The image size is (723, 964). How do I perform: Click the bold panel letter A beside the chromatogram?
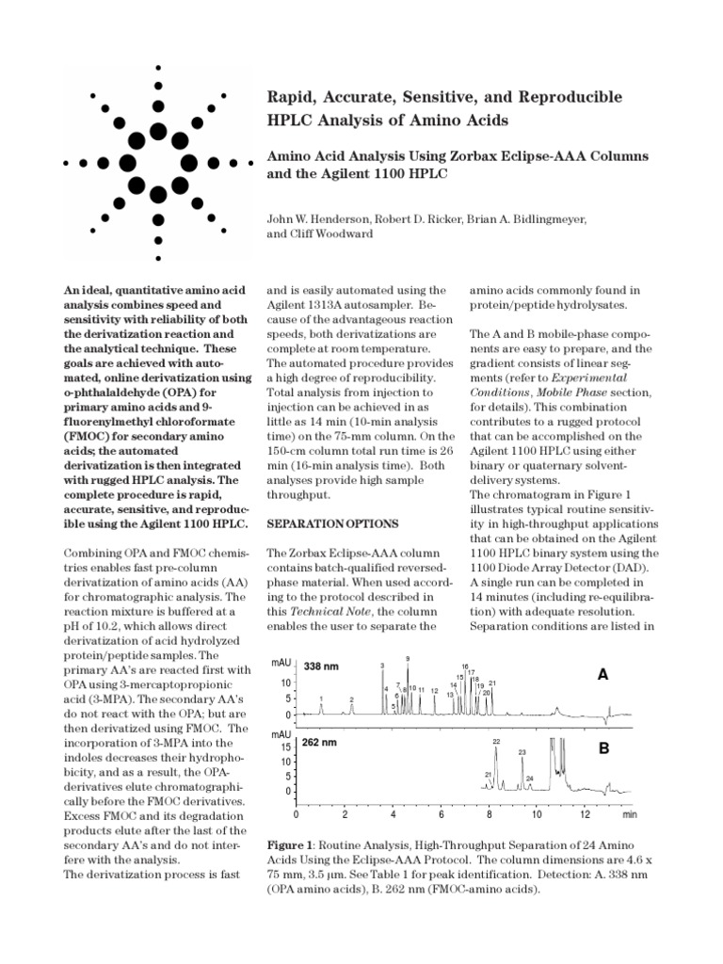tap(603, 675)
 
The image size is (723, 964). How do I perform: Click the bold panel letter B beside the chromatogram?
tap(603, 748)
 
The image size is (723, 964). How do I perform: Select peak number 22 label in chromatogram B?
tap(497, 742)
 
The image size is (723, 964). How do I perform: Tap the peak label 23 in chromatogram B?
tap(522, 752)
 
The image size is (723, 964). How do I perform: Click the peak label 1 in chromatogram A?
tap(322, 699)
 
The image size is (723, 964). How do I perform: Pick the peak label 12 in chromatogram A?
tap(434, 690)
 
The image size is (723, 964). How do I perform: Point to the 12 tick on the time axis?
tap(584, 812)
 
